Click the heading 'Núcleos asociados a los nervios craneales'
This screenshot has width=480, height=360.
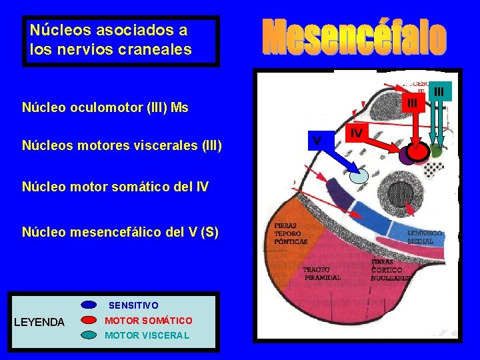(x=110, y=40)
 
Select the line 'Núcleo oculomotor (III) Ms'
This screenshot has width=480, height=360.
(x=105, y=107)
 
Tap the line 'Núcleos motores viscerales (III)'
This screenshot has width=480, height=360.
(x=122, y=146)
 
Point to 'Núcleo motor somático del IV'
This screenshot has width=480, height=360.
(x=115, y=187)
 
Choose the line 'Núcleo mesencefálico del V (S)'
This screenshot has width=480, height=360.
(x=120, y=232)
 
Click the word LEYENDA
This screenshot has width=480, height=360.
(x=39, y=323)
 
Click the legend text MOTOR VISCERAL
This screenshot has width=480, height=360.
(x=147, y=335)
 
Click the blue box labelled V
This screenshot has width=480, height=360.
(x=317, y=139)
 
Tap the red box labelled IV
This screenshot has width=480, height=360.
(x=357, y=133)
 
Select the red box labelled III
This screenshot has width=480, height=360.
(x=413, y=102)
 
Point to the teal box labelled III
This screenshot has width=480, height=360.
(x=439, y=91)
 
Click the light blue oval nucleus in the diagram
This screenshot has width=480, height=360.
(x=360, y=175)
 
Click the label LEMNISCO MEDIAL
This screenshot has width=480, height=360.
(x=425, y=237)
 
